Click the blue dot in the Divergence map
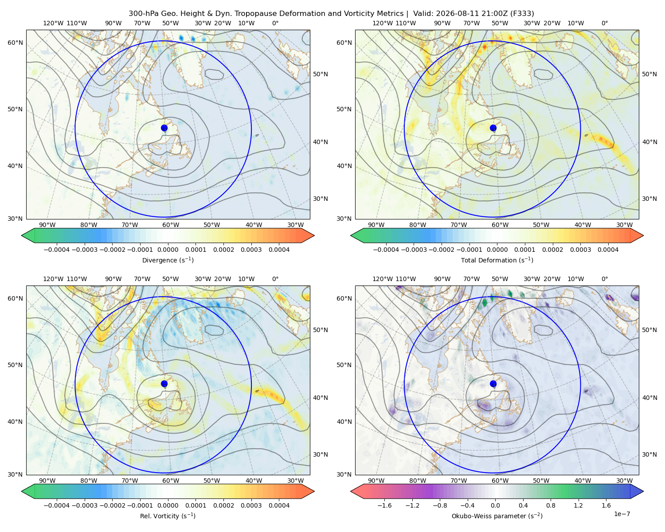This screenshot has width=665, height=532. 164,128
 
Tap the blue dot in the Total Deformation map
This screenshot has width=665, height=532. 493,128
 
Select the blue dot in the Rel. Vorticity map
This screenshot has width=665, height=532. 164,383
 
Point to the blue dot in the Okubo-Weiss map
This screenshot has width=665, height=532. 493,383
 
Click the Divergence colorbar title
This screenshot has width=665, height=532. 168,260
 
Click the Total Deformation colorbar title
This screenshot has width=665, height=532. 497,260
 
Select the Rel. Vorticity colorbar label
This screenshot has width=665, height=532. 168,516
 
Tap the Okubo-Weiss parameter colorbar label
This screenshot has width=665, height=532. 497,516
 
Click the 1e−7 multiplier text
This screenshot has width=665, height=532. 622,514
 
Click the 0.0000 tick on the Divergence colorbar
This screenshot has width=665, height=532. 168,250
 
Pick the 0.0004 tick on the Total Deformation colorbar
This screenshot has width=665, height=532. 608,250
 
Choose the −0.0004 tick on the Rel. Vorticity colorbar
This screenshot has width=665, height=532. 57,505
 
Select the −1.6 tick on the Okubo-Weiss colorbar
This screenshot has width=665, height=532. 384,505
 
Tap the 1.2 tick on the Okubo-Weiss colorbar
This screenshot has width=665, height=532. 579,505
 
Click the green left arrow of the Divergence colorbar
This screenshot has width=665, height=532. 28,235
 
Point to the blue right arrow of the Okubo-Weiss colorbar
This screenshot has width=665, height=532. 637,491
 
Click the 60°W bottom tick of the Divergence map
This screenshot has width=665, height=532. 171,225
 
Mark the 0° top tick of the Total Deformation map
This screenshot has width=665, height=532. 604,23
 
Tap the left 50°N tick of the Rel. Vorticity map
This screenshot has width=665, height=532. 15,365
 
